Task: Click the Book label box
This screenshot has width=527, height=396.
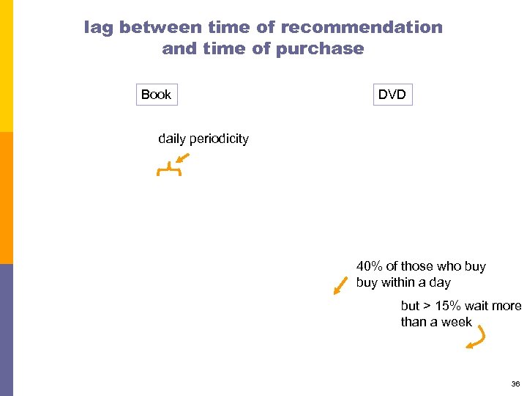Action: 156,95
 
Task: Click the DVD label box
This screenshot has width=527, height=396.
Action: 392,95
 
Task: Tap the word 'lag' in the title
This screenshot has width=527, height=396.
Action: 98,28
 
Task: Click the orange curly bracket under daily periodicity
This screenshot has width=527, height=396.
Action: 168,171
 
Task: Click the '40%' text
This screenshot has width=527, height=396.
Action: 369,266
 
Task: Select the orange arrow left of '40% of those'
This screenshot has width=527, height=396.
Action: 340,285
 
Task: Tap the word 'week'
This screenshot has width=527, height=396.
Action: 457,322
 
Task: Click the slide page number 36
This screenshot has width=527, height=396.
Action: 515,384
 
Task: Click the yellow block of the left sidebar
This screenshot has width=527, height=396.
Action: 6,66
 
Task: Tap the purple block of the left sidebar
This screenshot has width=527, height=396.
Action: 6,330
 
